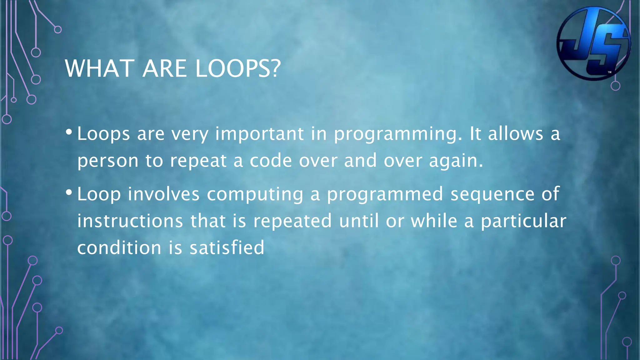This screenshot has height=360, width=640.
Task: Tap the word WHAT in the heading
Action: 100,68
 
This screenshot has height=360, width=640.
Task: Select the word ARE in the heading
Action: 164,68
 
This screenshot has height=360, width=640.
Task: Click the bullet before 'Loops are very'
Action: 69,132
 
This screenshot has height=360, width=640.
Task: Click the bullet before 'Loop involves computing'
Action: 69,192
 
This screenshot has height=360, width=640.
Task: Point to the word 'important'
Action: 259,134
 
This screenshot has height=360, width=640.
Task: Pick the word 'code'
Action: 271,161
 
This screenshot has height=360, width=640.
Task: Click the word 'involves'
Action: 163,194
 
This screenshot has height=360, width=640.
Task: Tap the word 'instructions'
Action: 130,221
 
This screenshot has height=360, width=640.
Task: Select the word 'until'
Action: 359,221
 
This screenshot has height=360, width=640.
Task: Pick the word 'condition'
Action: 119,248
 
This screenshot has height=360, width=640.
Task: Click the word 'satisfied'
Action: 227,248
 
